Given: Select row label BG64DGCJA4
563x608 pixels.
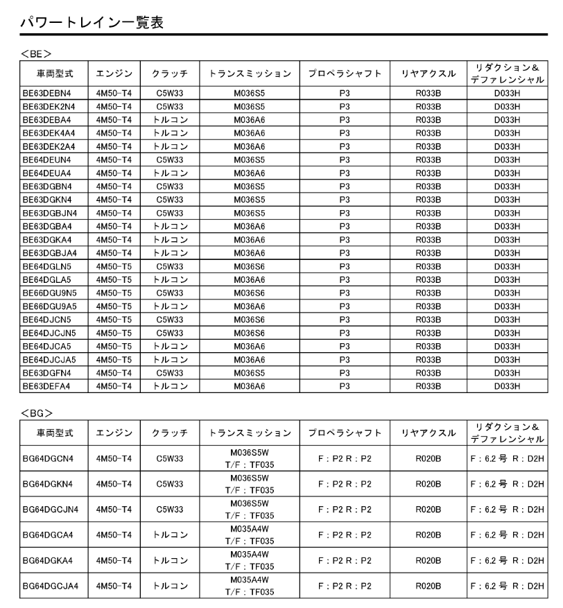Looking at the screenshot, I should coord(50,587).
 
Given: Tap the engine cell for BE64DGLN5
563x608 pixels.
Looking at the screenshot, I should coord(114,266).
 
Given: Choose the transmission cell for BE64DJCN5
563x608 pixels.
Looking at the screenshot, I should coord(249,320).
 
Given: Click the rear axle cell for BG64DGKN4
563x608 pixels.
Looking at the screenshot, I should coord(428,485).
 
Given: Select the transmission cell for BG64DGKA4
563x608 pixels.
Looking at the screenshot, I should coord(249,561).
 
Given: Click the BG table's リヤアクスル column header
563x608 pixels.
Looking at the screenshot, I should coord(428,433).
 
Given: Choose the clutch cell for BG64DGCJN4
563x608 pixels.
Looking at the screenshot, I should coord(170,510).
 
